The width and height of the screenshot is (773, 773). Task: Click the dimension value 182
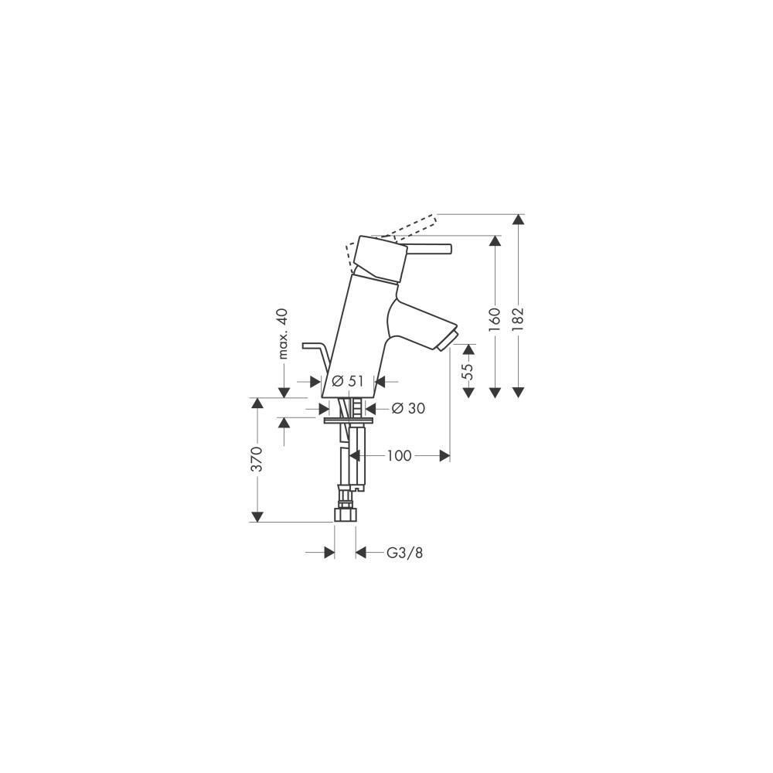[x=517, y=318]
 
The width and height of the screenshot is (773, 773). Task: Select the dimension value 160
[x=495, y=318]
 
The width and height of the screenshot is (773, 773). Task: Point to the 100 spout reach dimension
[x=399, y=455]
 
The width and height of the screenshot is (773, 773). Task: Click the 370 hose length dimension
[x=257, y=459]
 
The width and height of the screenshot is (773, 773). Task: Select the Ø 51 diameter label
[x=348, y=380]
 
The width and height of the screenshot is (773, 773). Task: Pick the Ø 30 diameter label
[x=408, y=408]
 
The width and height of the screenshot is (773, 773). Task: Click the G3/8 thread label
[x=404, y=553]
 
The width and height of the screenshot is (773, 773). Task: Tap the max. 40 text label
[x=282, y=334]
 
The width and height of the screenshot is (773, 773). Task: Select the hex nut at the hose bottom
[x=345, y=514]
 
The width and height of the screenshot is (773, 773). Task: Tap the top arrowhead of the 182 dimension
[x=517, y=220]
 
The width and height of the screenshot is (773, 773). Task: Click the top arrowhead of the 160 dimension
[x=495, y=241]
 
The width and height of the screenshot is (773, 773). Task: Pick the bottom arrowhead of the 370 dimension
[x=257, y=516]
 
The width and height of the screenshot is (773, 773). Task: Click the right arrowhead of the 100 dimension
[x=444, y=456]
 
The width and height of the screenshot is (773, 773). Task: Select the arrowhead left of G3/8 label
[x=329, y=553]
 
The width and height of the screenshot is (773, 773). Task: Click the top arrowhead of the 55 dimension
[x=468, y=349]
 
